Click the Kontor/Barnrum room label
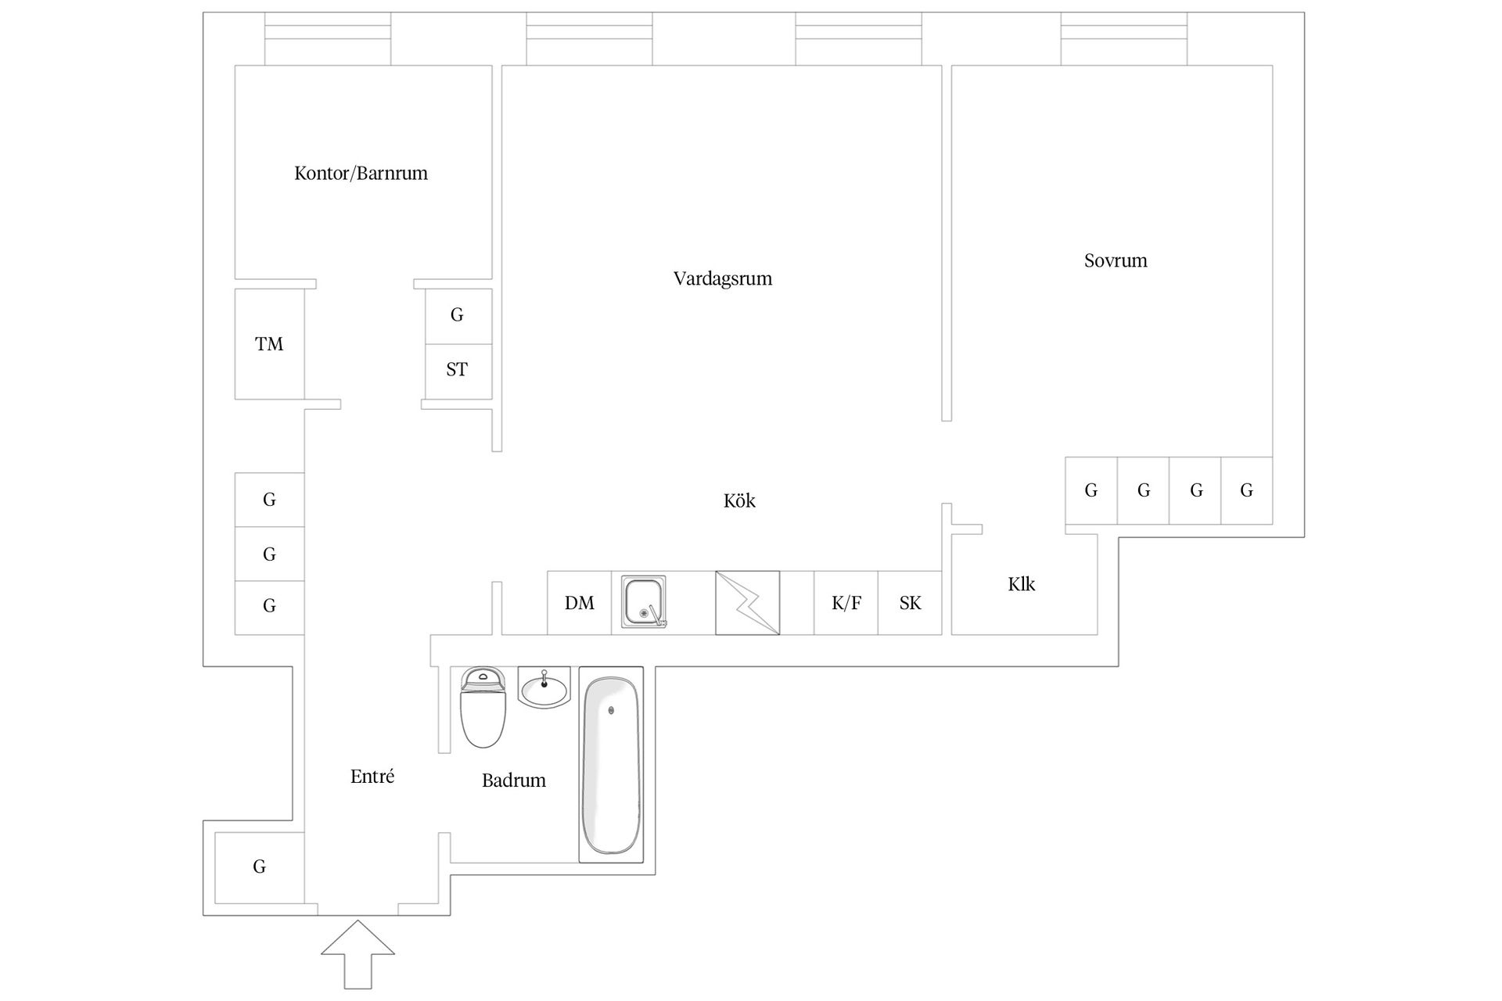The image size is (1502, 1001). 361,173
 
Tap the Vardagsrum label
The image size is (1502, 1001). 723,278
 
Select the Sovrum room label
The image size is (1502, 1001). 1116,260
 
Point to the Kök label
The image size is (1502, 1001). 739,500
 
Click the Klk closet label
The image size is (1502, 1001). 1022,584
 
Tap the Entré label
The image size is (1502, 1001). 372,776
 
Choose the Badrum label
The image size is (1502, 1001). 514,780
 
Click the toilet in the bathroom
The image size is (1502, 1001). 483,707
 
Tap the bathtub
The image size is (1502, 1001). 611,765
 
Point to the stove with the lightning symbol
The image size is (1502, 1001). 747,603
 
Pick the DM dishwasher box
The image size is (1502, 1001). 579,603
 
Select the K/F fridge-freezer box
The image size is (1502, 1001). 846,603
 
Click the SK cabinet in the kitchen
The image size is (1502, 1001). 910,603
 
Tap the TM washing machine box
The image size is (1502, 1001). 269,344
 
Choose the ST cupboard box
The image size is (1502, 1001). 458,371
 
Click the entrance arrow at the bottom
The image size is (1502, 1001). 358,954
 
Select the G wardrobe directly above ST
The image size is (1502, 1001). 458,316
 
